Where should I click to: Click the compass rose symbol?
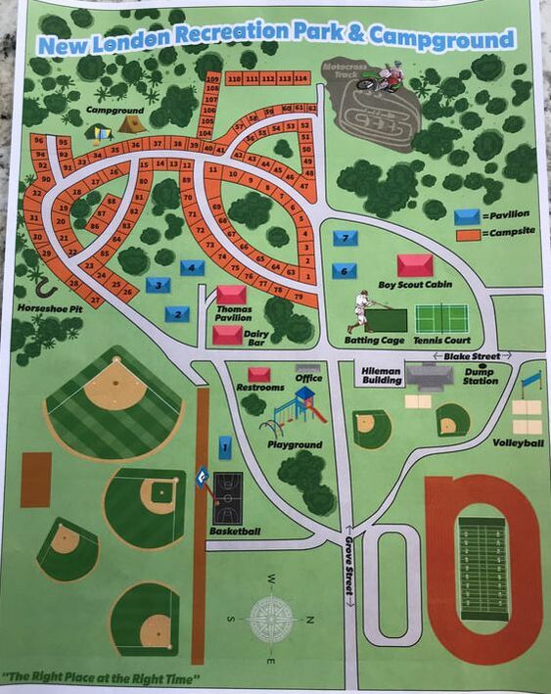[273, 618]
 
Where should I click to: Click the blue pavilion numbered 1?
[225, 447]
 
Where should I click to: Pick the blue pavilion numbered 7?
[344, 238]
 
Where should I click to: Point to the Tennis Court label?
[441, 341]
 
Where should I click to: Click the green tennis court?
[441, 318]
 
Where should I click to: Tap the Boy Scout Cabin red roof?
[414, 265]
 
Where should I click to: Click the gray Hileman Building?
[429, 375]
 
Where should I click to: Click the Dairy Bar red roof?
[228, 335]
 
